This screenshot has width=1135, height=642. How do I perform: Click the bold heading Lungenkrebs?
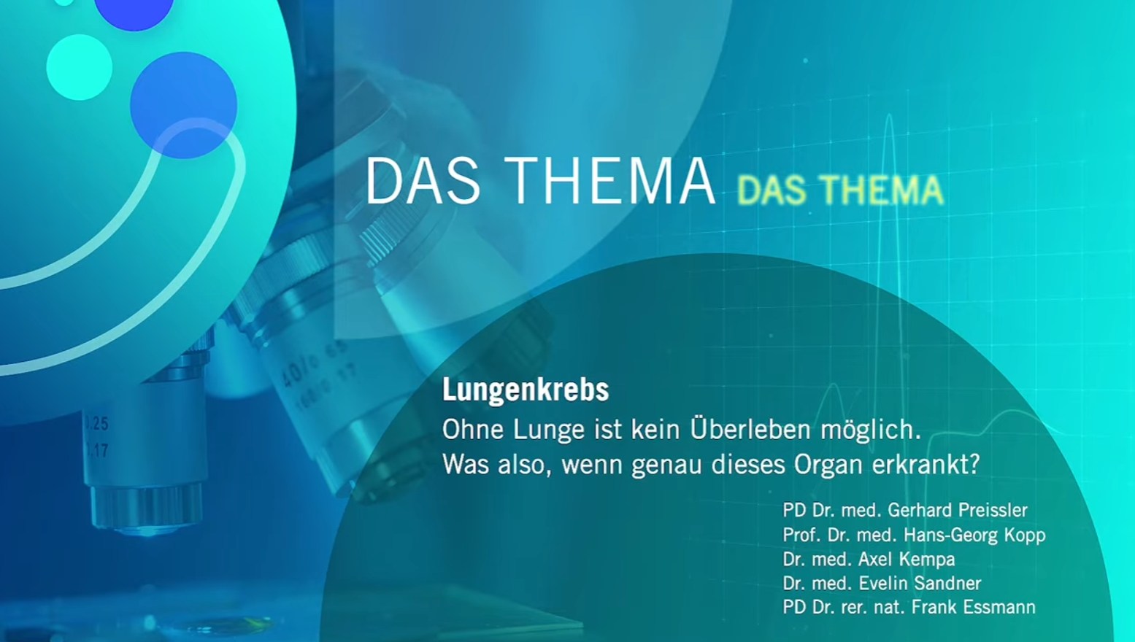525,390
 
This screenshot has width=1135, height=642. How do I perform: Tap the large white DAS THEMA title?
539,181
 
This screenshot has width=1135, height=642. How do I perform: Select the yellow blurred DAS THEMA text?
840,190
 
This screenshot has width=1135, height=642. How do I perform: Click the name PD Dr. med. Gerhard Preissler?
904,510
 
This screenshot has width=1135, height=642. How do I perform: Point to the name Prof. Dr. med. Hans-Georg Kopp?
914,535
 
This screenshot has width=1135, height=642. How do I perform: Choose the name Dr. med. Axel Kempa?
869,559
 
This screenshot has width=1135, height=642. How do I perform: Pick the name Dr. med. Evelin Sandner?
882,583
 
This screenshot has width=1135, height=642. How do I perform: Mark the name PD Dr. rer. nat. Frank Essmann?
909,607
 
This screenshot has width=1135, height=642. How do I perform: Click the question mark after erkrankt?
974,464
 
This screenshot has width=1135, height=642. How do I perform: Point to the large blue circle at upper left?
183,104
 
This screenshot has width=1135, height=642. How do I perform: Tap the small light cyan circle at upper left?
79,67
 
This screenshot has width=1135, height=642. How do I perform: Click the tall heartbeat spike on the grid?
890,146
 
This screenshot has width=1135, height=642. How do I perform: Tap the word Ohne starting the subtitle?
473,429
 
